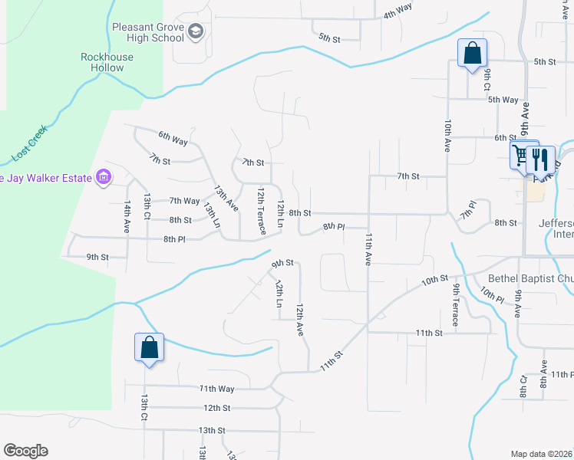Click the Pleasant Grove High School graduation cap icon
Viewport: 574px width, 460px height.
(x=196, y=31)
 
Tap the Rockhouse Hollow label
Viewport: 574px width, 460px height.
(x=107, y=62)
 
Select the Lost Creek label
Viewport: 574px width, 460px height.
(x=30, y=143)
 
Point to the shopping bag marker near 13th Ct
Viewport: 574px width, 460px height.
(x=149, y=347)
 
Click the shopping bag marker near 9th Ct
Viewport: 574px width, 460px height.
(x=472, y=54)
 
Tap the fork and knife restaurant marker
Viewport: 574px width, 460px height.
(x=542, y=159)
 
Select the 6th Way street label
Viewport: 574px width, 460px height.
(x=173, y=140)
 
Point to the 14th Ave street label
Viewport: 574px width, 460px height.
(x=127, y=217)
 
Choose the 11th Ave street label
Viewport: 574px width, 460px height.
(x=369, y=249)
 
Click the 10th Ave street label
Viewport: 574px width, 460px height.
(x=447, y=135)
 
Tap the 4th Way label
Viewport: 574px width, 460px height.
(x=398, y=11)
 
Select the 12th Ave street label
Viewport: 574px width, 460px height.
(x=300, y=318)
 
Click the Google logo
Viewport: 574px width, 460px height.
(x=25, y=451)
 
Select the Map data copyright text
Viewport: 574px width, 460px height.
(x=542, y=454)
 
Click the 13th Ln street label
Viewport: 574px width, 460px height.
(x=212, y=215)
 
